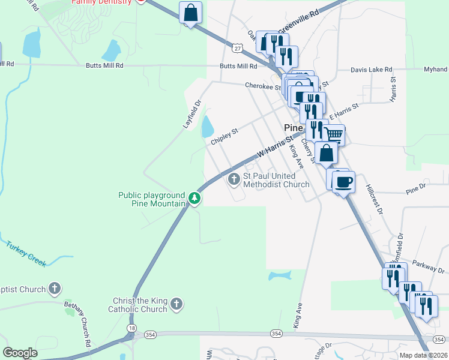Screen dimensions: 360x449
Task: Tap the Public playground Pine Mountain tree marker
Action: click(x=194, y=197)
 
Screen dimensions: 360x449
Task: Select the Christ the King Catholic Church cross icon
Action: click(x=176, y=304)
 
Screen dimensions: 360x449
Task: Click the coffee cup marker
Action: click(x=343, y=182)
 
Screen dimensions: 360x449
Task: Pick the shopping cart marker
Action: click(x=334, y=136)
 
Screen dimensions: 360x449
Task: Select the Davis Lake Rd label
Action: click(x=371, y=70)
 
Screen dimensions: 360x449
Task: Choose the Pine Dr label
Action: click(x=415, y=188)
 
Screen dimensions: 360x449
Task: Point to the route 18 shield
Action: click(x=130, y=328)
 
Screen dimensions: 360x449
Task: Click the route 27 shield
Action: click(x=238, y=47)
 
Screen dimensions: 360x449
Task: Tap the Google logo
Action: click(x=20, y=353)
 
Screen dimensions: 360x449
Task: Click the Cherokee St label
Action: click(x=262, y=86)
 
